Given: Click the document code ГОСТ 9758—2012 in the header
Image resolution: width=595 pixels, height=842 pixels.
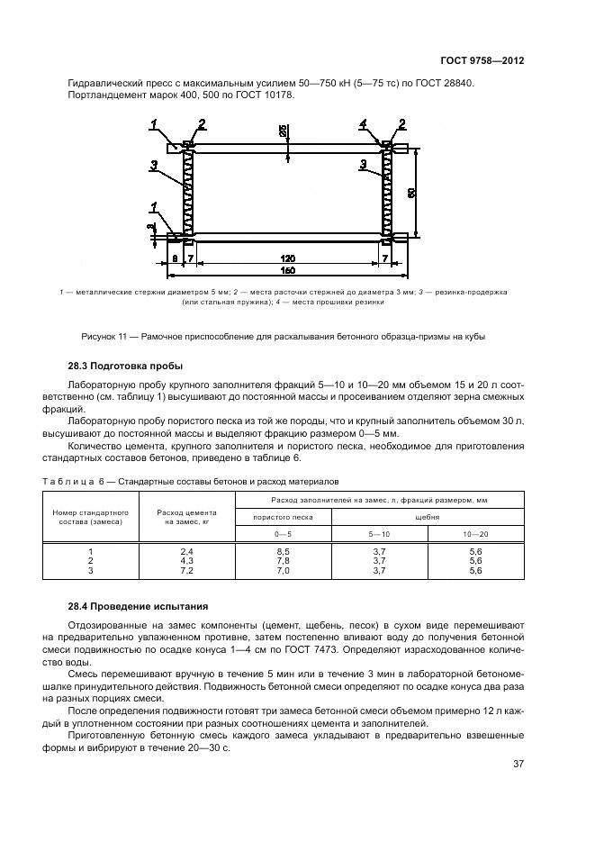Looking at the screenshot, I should click(x=482, y=61).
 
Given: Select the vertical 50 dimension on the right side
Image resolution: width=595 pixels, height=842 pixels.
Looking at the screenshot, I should click(x=411, y=193).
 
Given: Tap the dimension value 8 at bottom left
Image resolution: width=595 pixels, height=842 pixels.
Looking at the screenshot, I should click(x=174, y=258).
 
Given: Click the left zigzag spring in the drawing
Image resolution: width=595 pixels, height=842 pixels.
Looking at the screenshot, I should click(x=189, y=193).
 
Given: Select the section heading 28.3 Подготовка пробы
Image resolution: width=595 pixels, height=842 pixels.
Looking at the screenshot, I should click(x=125, y=367).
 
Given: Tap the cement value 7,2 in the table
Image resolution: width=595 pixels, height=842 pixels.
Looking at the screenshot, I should click(x=187, y=571).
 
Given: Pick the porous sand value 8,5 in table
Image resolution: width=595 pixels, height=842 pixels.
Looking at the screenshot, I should click(x=283, y=550).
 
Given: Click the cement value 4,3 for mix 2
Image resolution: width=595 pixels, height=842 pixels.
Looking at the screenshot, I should click(x=187, y=560).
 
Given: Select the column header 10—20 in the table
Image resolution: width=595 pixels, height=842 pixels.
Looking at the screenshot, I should click(x=476, y=533).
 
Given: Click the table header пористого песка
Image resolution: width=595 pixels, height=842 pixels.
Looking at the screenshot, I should click(x=283, y=517).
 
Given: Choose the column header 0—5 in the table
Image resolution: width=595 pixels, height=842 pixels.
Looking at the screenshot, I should click(x=283, y=533).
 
